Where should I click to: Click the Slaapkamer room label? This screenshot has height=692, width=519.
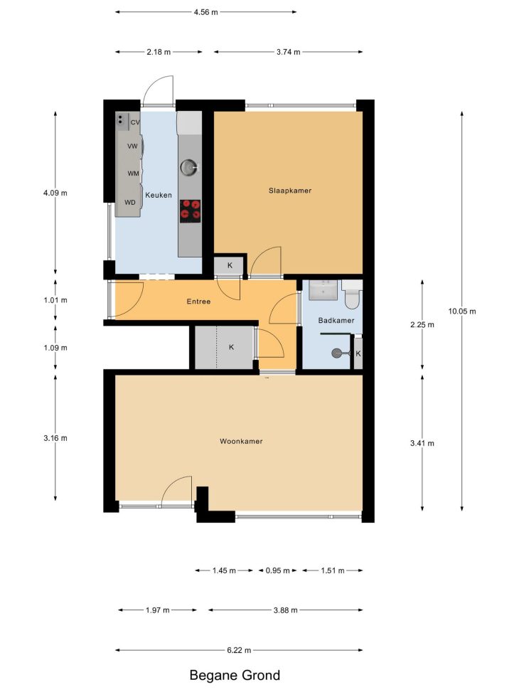tap(290, 191)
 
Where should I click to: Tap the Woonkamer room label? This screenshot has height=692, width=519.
tap(241, 441)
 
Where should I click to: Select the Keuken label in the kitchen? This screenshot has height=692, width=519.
tap(159, 195)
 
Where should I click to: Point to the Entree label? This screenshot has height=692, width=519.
tap(198, 302)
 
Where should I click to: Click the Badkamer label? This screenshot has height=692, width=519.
tap(336, 321)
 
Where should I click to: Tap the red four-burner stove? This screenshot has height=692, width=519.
tap(191, 211)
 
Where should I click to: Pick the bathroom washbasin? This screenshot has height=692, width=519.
tap(323, 290)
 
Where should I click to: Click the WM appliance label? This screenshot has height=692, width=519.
tap(133, 174)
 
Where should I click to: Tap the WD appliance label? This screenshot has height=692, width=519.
tap(129, 203)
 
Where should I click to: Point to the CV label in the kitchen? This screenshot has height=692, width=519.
tap(135, 122)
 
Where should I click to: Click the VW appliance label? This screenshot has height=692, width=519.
tap(132, 146)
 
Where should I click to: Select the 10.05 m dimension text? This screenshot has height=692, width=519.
tap(462, 311)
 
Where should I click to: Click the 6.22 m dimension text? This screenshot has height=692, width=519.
tap(239, 650)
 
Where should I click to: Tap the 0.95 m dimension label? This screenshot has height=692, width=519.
tap(277, 570)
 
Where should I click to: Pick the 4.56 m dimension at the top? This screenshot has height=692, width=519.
tap(205, 12)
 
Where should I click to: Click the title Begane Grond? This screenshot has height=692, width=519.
tap(235, 675)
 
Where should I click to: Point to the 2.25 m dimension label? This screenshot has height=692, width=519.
tap(422, 325)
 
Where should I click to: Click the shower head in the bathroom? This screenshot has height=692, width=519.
tap(337, 353)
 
